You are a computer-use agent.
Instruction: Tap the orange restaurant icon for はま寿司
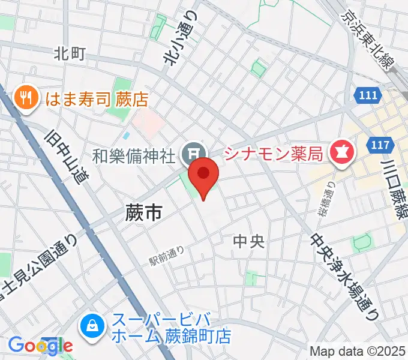(26, 96)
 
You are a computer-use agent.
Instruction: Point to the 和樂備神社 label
(134, 156)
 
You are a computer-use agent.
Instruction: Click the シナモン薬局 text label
(275, 154)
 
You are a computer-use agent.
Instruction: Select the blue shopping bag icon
(93, 328)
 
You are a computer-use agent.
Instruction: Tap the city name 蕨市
(144, 212)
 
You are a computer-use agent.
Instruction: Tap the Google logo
(40, 345)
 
